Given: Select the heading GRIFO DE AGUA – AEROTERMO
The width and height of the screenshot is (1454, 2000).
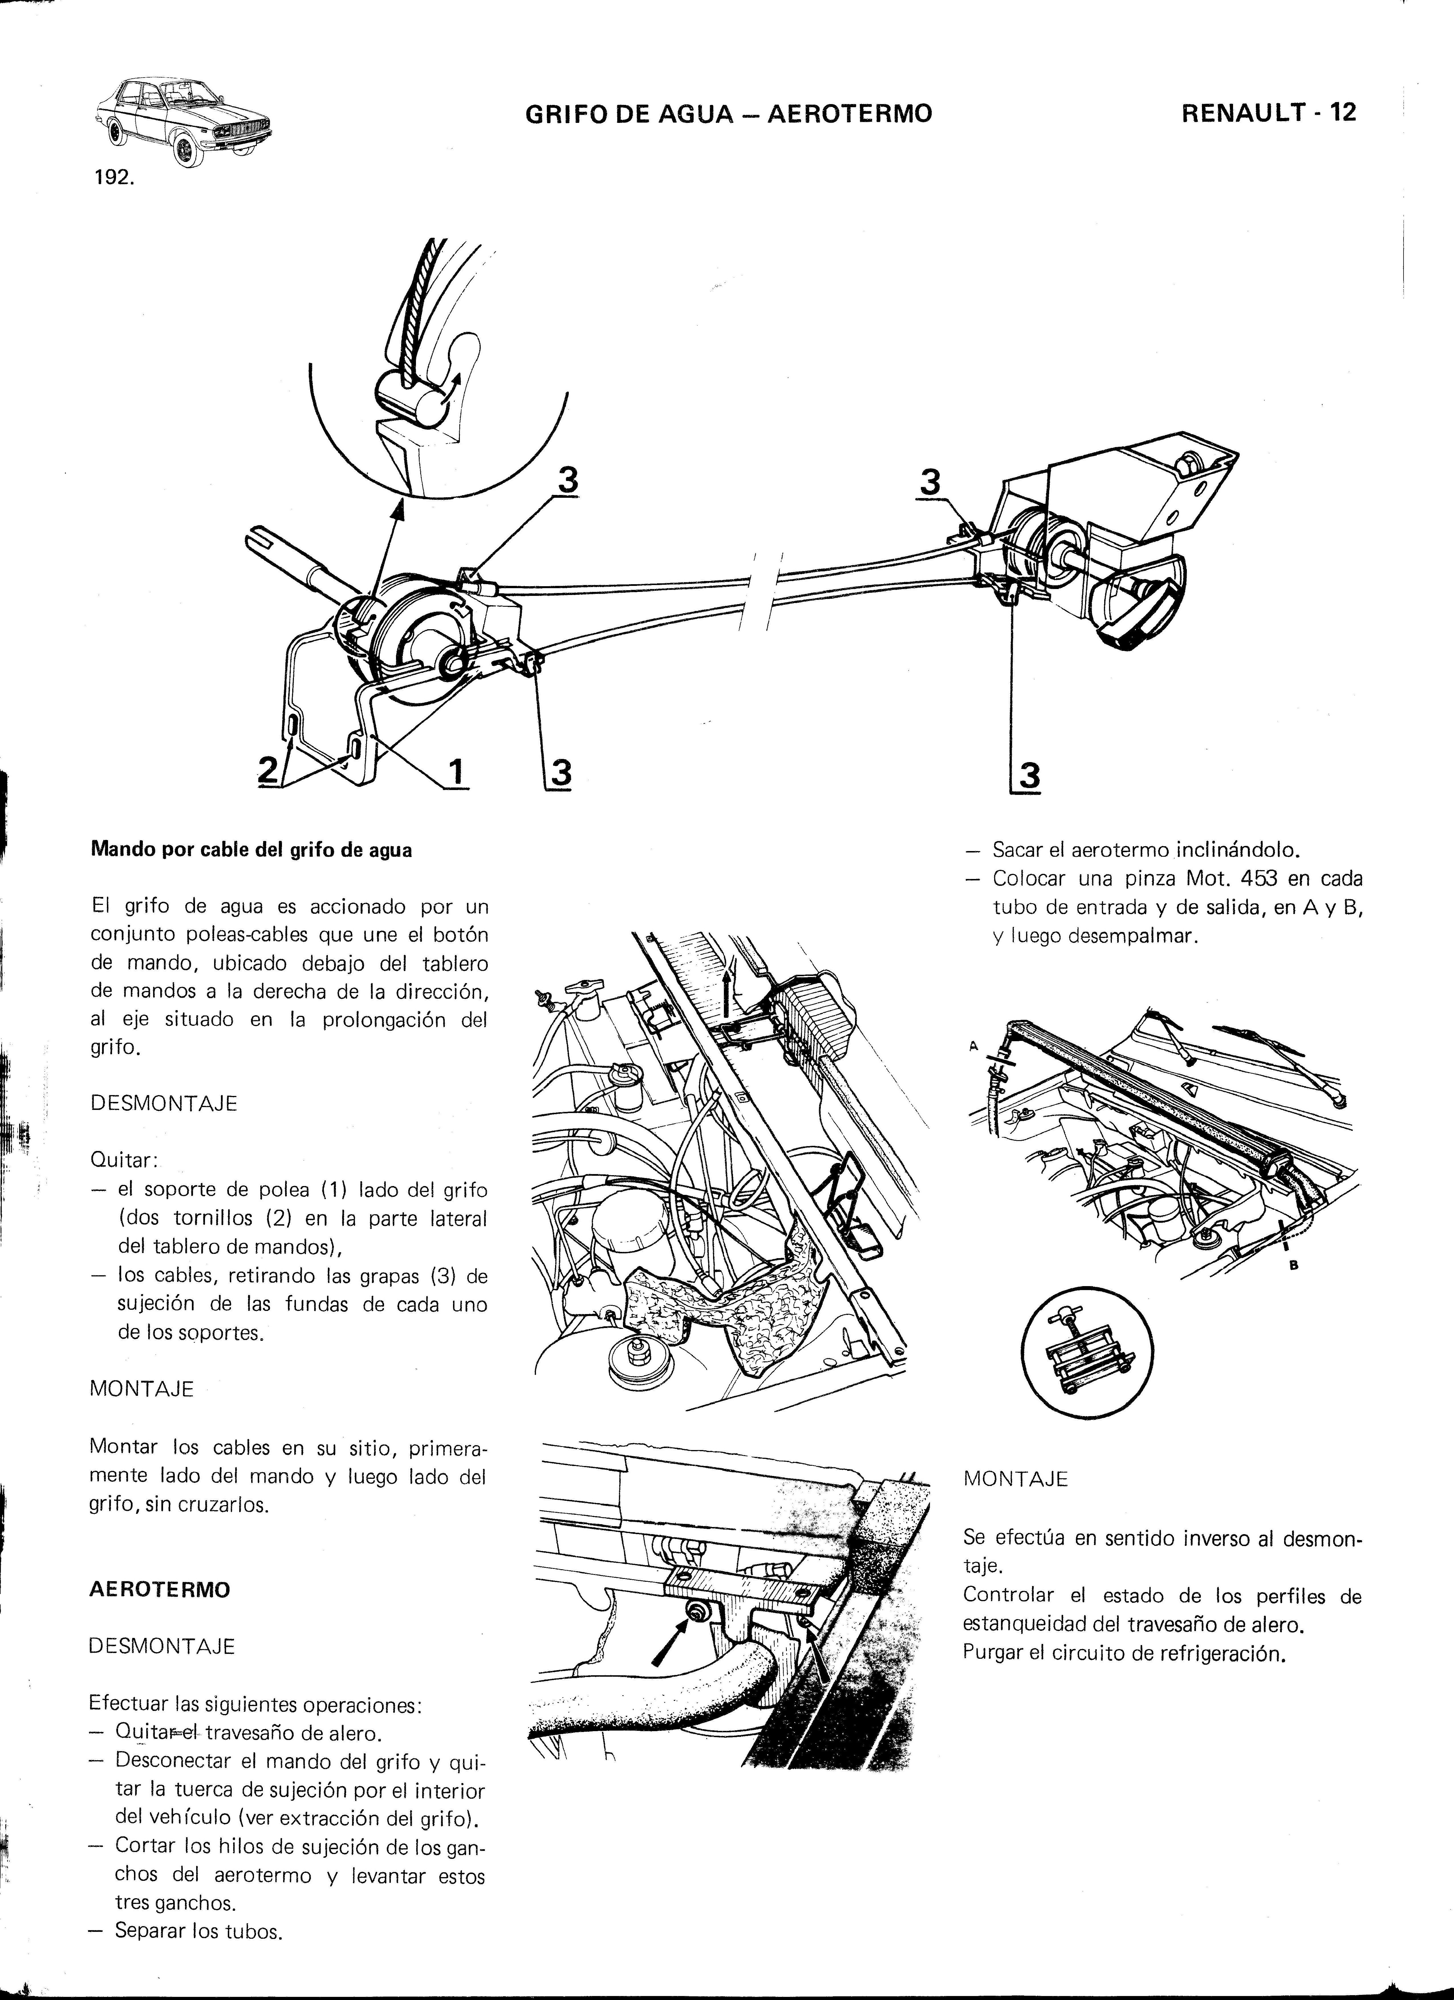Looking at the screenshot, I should [728, 114].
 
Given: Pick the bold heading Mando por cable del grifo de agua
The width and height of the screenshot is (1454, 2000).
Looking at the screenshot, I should [251, 851].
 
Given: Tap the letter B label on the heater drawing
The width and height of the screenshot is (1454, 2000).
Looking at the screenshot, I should [1294, 1266].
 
